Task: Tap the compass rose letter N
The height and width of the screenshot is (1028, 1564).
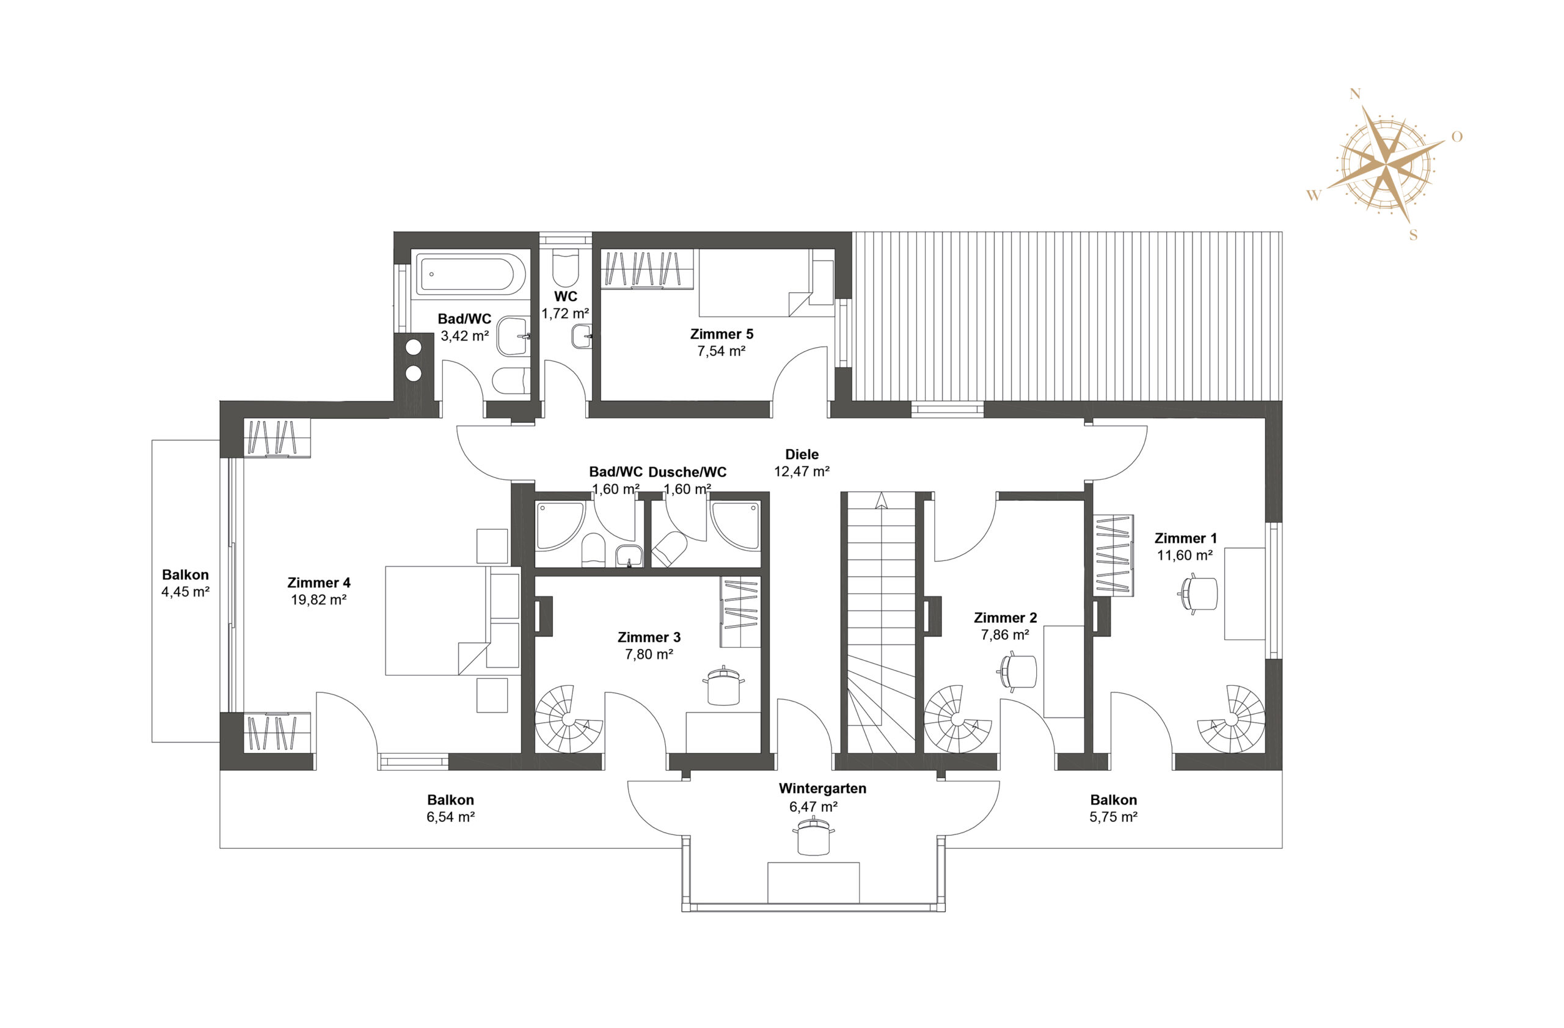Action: (x=1354, y=94)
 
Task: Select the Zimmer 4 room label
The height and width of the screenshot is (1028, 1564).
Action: (x=319, y=582)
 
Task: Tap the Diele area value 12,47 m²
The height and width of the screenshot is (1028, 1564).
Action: (x=802, y=471)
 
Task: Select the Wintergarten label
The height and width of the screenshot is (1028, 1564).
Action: (x=823, y=788)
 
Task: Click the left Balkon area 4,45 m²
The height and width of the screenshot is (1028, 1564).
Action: (x=185, y=592)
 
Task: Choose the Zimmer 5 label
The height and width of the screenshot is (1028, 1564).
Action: (x=722, y=334)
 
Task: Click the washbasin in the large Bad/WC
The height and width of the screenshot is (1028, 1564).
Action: (x=513, y=336)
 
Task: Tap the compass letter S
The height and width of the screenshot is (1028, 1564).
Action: (x=1414, y=235)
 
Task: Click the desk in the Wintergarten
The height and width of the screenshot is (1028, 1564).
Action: (x=814, y=883)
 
